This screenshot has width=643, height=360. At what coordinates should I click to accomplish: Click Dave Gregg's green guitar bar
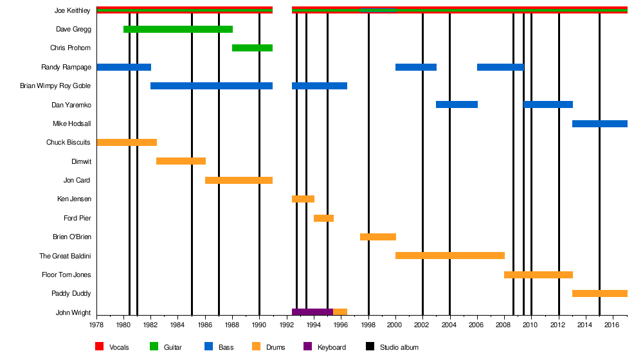[177, 29]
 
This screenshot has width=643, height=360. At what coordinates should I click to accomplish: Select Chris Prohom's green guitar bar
[252, 48]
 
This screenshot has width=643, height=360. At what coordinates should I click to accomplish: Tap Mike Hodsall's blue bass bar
[599, 123]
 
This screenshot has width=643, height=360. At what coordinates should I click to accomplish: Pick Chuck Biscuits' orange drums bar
[127, 143]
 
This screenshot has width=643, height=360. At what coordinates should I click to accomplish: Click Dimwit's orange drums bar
[181, 161]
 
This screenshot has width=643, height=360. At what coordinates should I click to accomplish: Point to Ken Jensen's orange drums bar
[303, 199]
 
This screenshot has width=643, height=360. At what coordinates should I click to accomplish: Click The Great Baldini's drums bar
[449, 256]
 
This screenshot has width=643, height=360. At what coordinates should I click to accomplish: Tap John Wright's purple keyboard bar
[312, 312]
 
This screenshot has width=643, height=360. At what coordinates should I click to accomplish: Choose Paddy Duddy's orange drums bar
[599, 294]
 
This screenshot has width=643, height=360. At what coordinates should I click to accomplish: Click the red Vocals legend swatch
[100, 347]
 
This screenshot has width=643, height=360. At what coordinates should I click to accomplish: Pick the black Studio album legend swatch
[370, 347]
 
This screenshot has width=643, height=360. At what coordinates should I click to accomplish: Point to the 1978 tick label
[96, 326]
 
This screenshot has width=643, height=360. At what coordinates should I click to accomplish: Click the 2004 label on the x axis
[449, 326]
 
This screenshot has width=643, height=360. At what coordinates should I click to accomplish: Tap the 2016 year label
[613, 326]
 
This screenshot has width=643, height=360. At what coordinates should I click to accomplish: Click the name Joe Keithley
[73, 10]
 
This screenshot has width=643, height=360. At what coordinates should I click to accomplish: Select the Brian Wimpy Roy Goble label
[55, 85]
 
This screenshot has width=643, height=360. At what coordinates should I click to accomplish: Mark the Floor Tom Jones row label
[66, 274]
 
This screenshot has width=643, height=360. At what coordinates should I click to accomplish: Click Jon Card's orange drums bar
[239, 181]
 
